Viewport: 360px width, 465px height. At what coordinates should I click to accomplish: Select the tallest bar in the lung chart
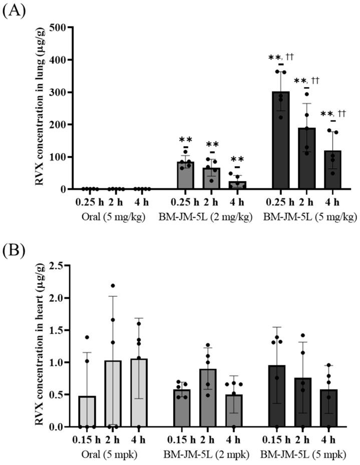(282, 141)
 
